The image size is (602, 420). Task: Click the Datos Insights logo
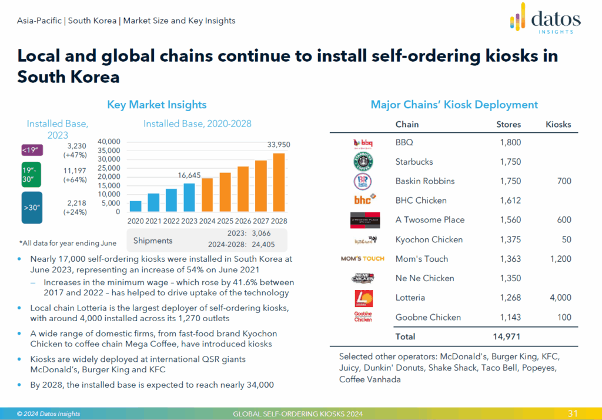(x=545, y=19)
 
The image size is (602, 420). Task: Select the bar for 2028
(x=279, y=182)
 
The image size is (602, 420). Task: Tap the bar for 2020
(x=135, y=206)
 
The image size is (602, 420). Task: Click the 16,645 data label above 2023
(x=190, y=175)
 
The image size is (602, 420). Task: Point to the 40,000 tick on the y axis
(x=108, y=142)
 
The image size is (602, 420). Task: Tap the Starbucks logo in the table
(x=363, y=161)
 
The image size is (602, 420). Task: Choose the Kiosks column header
(x=558, y=124)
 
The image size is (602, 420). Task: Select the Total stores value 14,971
(x=506, y=336)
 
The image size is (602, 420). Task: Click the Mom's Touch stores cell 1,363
(x=509, y=259)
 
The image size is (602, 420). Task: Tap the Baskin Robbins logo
(x=363, y=181)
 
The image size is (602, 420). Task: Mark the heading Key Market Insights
(x=156, y=105)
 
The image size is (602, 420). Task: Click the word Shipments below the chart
(x=153, y=241)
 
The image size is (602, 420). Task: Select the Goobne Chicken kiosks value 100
(x=564, y=317)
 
